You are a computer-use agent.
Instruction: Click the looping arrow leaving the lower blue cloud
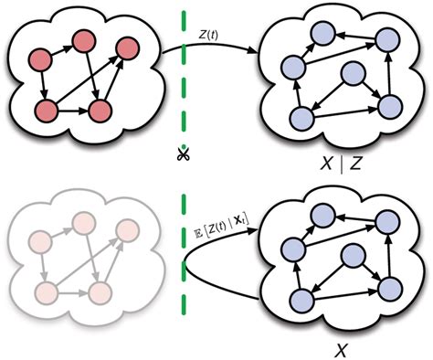pyautogui.click(x=206, y=247)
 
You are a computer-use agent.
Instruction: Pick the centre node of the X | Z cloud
pyautogui.click(x=353, y=77)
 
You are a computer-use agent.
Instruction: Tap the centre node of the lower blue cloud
pyautogui.click(x=353, y=257)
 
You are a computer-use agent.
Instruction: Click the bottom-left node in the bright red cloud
pyautogui.click(x=45, y=110)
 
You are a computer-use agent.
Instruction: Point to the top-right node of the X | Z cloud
pyautogui.click(x=386, y=39)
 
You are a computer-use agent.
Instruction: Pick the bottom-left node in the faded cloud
pyautogui.click(x=45, y=291)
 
